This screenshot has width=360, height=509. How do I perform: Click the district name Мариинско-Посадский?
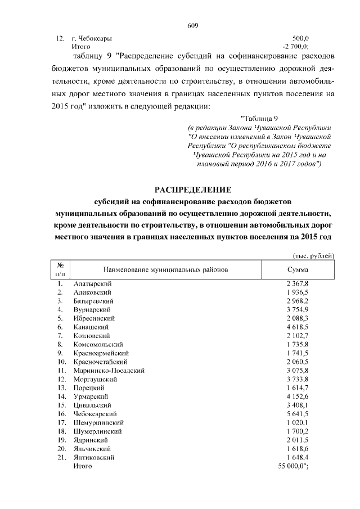click(x=110, y=370)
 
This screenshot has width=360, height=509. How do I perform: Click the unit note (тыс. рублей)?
click(x=314, y=256)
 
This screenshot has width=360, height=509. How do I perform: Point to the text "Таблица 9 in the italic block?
click(x=259, y=119)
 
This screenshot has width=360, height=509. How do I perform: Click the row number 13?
click(x=61, y=388)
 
